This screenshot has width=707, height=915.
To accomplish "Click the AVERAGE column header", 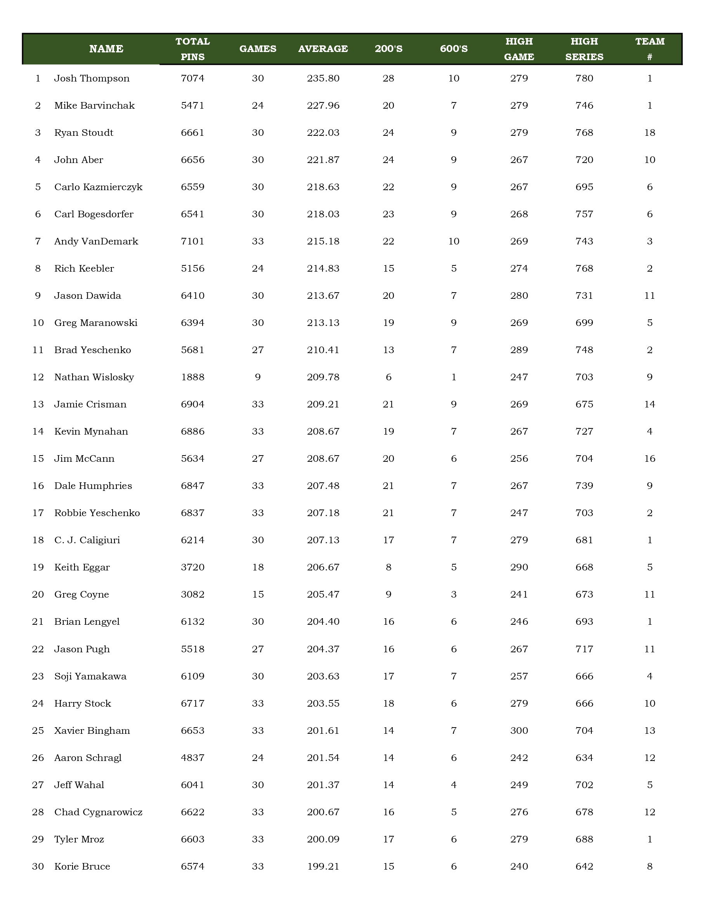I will coord(323,49).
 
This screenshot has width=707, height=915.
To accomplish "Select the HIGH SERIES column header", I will coord(584,49).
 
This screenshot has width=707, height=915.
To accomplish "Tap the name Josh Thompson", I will coord(92,78).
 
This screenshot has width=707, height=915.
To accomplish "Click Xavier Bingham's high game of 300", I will coord(519,731).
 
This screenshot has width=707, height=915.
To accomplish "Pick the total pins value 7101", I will coord(193,241).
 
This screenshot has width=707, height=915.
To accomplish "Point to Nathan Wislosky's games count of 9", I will coord(258,377).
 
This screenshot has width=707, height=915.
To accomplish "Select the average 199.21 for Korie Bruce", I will coord(323,866).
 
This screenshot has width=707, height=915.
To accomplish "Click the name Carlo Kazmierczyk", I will coord(99,187).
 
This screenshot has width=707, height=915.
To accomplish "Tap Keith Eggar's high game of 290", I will coord(519,567).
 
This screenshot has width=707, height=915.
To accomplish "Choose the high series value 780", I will coord(584,78).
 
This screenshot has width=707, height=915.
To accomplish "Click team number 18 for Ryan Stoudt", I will coord(650,133).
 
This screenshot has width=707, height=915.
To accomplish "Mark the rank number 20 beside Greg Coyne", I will coord(38,594).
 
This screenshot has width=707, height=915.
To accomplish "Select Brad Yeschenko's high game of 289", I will coord(519,350).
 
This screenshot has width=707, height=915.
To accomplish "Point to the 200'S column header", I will coord(388,49).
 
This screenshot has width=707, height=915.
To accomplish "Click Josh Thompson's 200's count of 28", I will coord(388,78).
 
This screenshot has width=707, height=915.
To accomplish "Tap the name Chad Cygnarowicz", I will coord(99,812).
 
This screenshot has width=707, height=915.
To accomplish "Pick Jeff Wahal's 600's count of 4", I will coord(454,785).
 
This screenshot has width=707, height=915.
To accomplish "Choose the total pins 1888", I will coord(193,377).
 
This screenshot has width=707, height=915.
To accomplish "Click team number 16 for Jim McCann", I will coord(650,458).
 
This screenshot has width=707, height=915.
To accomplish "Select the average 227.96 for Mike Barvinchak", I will coord(323,106).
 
